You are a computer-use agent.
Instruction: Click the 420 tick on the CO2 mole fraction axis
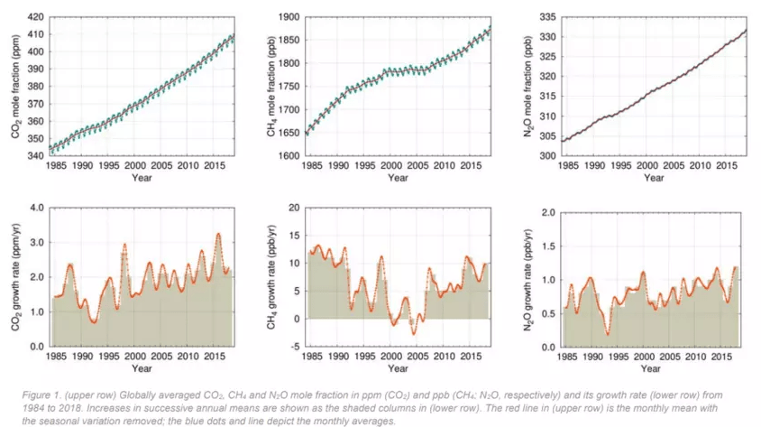(x=33, y=17)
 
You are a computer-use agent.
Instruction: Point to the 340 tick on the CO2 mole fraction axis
(x=33, y=156)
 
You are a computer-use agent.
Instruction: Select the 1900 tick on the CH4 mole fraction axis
(x=289, y=17)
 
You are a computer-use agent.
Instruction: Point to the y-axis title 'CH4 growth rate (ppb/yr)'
(x=270, y=277)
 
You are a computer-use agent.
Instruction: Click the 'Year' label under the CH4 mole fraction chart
(x=399, y=178)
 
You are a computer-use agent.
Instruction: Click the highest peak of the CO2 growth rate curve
(x=217, y=234)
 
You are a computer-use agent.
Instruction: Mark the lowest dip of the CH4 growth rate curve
(x=414, y=335)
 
